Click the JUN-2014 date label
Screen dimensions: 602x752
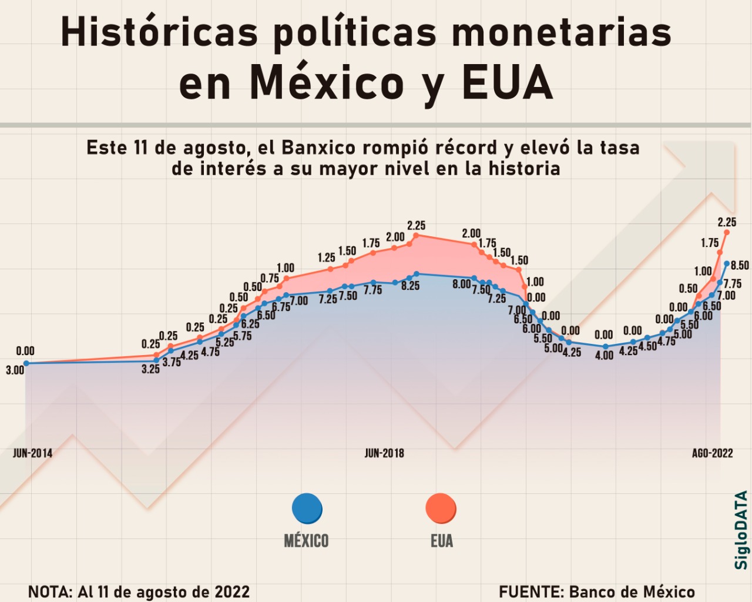[32, 453]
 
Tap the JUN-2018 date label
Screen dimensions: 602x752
[384, 453]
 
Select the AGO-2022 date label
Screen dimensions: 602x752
[712, 453]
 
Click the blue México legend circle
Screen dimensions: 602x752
[307, 509]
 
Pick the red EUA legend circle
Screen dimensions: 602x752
[441, 509]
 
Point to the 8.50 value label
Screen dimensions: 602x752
[740, 266]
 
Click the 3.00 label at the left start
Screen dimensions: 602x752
[15, 370]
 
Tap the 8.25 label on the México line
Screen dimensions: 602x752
[410, 286]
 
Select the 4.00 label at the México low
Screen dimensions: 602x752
[604, 356]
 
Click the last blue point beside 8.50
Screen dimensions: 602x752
[727, 264]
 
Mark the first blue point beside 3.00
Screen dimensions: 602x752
[26, 363]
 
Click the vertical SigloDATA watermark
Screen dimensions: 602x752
[741, 530]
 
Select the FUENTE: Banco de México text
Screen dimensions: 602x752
[597, 592]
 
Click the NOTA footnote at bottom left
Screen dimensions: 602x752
[139, 592]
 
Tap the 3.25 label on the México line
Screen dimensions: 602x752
[150, 370]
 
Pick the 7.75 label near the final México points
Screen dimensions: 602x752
[732, 284]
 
